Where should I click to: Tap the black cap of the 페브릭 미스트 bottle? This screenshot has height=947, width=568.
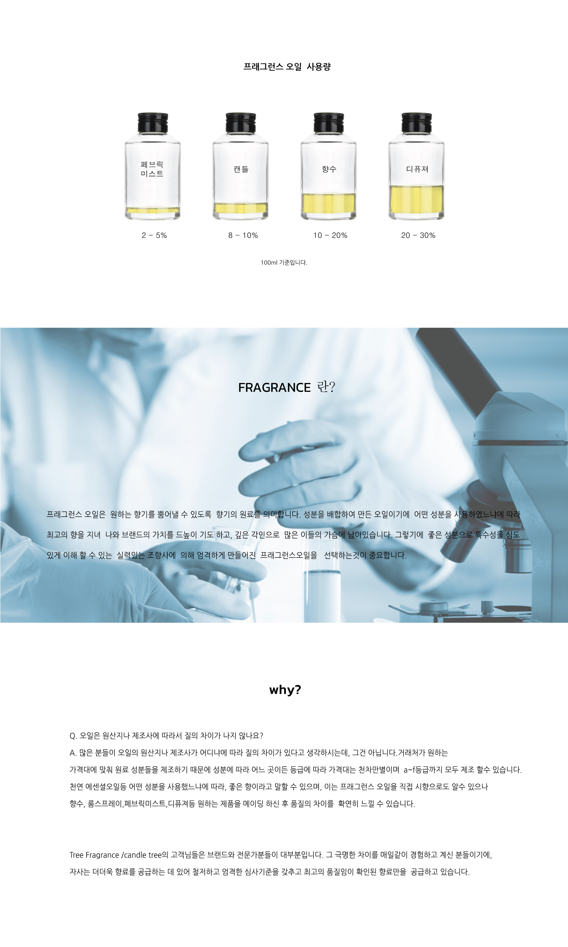click(153, 123)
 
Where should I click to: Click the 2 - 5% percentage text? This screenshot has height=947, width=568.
click(154, 235)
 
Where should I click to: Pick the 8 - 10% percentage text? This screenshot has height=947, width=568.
click(243, 235)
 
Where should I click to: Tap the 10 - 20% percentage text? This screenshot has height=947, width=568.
click(330, 235)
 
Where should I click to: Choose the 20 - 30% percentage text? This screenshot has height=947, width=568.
click(418, 235)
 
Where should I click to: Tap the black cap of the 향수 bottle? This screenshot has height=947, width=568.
click(329, 123)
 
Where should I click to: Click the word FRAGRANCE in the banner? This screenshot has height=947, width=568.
click(274, 388)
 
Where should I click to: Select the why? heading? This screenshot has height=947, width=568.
click(285, 690)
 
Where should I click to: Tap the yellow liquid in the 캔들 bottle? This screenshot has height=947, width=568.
click(241, 208)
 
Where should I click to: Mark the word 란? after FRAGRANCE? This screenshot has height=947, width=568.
click(326, 387)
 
